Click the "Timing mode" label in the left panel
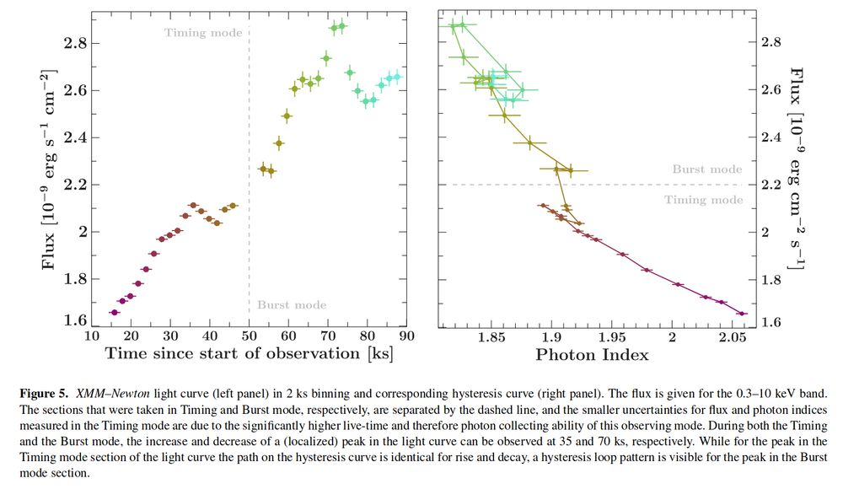click(x=203, y=33)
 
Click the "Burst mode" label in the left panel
click(x=291, y=304)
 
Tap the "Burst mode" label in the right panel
click(x=706, y=169)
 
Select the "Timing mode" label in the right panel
click(x=704, y=200)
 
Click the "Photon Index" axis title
click(x=592, y=355)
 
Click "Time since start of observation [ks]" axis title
click(x=248, y=353)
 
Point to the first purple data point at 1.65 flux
click(x=115, y=313)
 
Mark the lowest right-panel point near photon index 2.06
click(x=742, y=314)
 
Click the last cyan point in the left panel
click(x=397, y=77)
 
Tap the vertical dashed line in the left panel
click(x=248, y=169)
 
